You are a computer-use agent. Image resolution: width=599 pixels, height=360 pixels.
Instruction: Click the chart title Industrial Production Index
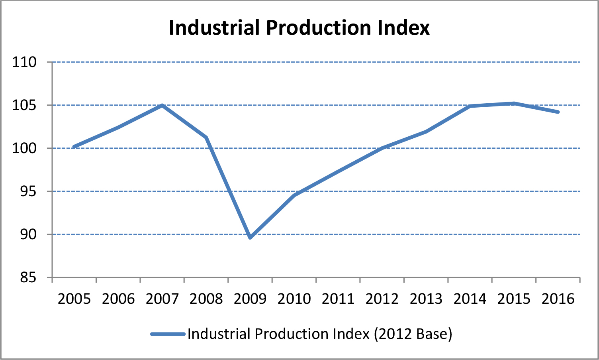coord(299,28)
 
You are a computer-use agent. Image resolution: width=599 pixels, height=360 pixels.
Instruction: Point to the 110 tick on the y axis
coord(24,62)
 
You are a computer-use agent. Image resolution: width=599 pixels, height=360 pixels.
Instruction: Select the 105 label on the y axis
coord(24,105)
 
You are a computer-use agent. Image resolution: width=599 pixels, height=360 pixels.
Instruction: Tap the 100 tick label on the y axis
coord(24,148)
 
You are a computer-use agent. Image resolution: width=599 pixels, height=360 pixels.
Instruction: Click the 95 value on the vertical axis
coord(28,191)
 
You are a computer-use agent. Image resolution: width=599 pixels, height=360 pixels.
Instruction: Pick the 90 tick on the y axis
coord(28,234)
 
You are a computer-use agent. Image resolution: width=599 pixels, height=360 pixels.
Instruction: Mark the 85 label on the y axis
coord(28,277)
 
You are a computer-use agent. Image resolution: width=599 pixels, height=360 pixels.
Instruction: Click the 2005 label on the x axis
coord(74,299)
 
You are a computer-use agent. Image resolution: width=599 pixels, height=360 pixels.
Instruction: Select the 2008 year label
coord(206,299)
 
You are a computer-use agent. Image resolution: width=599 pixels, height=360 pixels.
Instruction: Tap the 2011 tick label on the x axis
coord(338,299)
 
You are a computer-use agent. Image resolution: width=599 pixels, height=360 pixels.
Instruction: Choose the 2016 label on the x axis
coord(558,299)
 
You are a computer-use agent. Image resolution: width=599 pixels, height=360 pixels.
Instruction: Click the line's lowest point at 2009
coord(250,238)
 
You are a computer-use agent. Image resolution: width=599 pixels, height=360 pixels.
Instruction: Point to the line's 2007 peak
coord(162,105)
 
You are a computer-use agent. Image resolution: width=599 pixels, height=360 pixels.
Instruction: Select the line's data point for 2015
coord(514,104)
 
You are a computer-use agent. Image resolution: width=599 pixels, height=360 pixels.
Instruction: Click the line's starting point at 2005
coord(74,147)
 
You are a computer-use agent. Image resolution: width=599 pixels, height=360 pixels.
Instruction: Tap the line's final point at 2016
coord(558,112)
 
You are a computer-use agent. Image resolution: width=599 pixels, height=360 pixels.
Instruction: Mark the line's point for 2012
coord(382,148)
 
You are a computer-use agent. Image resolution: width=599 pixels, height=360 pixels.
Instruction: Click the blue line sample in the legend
coord(168,334)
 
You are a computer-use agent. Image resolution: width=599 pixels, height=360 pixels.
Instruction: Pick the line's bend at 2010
coord(294,195)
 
